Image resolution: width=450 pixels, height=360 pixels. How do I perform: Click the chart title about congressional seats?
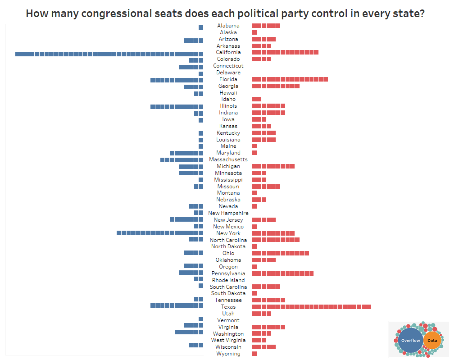pyautogui.click(x=225, y=13)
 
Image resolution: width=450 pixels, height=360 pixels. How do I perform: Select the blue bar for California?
pyautogui.click(x=109, y=54)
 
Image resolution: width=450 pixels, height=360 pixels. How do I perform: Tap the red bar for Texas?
pyautogui.click(x=311, y=307)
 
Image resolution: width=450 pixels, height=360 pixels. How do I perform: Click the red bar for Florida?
pyautogui.click(x=290, y=79)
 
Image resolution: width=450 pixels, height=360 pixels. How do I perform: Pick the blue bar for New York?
pyautogui.click(x=160, y=233)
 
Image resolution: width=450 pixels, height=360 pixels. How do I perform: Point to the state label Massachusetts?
pyautogui.click(x=228, y=159)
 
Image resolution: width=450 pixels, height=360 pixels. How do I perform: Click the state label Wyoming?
pyautogui.click(x=228, y=354)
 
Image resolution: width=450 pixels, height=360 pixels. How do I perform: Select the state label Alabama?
pyautogui.click(x=228, y=26)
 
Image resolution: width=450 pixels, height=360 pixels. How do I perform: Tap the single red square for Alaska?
pyautogui.click(x=255, y=32)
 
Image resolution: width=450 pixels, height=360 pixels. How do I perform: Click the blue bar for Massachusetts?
pyautogui.click(x=182, y=160)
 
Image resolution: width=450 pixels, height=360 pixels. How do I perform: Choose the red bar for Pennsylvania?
pyautogui.click(x=282, y=273)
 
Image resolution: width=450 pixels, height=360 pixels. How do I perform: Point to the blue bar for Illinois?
pyautogui.click(x=177, y=106)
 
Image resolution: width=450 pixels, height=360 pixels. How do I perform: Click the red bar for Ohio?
pyautogui.click(x=280, y=253)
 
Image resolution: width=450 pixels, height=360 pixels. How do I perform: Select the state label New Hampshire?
pyautogui.click(x=228, y=213)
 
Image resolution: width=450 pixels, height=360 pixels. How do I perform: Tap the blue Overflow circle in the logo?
pyautogui.click(x=410, y=341)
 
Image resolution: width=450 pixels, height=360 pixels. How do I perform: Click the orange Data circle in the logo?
pyautogui.click(x=432, y=341)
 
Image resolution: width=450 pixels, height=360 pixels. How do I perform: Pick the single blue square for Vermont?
pyautogui.click(x=201, y=320)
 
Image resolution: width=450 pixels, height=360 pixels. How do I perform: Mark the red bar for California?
pyautogui.click(x=285, y=52)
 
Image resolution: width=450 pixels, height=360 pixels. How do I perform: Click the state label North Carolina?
pyautogui.click(x=228, y=240)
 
